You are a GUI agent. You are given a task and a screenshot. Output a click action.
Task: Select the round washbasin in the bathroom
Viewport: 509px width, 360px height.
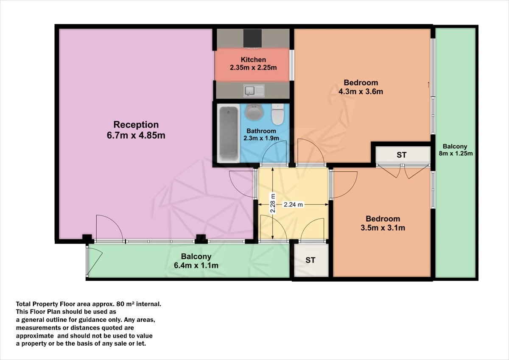(254, 113)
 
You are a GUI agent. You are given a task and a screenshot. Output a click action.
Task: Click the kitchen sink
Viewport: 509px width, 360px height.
(254, 90)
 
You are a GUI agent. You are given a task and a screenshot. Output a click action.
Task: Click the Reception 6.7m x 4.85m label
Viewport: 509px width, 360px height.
(136, 130)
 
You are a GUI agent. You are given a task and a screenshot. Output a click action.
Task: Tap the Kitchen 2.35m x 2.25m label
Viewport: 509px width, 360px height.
(253, 64)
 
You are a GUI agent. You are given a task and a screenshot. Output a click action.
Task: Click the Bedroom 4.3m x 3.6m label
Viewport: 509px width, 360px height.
(361, 87)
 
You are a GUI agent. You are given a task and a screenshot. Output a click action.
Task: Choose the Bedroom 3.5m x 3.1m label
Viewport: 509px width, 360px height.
(383, 223)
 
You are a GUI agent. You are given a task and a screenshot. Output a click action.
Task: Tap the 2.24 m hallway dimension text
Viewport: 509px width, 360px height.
(294, 204)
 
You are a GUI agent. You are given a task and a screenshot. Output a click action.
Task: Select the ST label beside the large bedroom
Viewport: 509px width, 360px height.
(401, 155)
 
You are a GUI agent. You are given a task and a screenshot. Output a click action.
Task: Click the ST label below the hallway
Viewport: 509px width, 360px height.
(310, 260)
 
